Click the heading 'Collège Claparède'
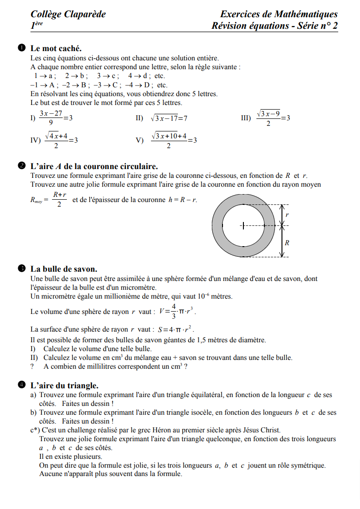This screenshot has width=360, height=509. pos(68,14)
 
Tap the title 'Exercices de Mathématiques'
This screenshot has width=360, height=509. pos(279,14)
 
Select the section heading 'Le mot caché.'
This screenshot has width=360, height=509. pos(56,48)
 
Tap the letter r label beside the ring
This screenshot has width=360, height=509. pos(287,215)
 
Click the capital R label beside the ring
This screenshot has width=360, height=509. pos(287,242)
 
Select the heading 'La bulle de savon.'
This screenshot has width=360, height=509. pos(64,269)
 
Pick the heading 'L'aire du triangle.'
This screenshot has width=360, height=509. pos(64,385)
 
